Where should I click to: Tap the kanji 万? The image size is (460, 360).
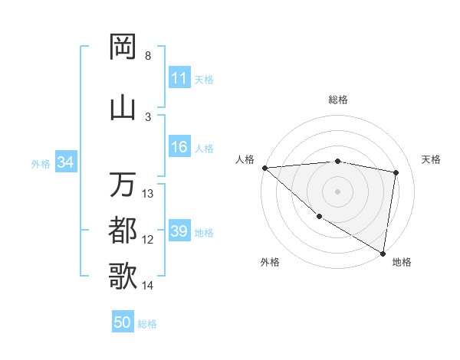[123, 185]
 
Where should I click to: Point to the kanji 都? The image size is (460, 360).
[123, 230]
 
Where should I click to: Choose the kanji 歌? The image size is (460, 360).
[123, 276]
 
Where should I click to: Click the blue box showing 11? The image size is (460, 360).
[179, 78]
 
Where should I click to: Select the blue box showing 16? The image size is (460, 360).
[179, 148]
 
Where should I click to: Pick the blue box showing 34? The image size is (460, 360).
[65, 162]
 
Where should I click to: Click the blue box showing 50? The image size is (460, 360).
[123, 322]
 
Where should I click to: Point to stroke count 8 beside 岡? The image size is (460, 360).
[147, 56]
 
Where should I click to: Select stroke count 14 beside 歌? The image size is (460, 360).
[149, 286]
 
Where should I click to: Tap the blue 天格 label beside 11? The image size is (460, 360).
[204, 79]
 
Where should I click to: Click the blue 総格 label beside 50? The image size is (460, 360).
[147, 323]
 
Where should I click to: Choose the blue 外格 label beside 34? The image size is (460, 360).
[41, 163]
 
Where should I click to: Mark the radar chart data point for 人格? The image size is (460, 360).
[264, 168]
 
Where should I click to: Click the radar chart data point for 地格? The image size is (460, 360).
[383, 253]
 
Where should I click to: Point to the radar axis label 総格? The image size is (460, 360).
[338, 100]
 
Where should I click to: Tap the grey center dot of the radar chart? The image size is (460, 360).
[338, 191]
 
